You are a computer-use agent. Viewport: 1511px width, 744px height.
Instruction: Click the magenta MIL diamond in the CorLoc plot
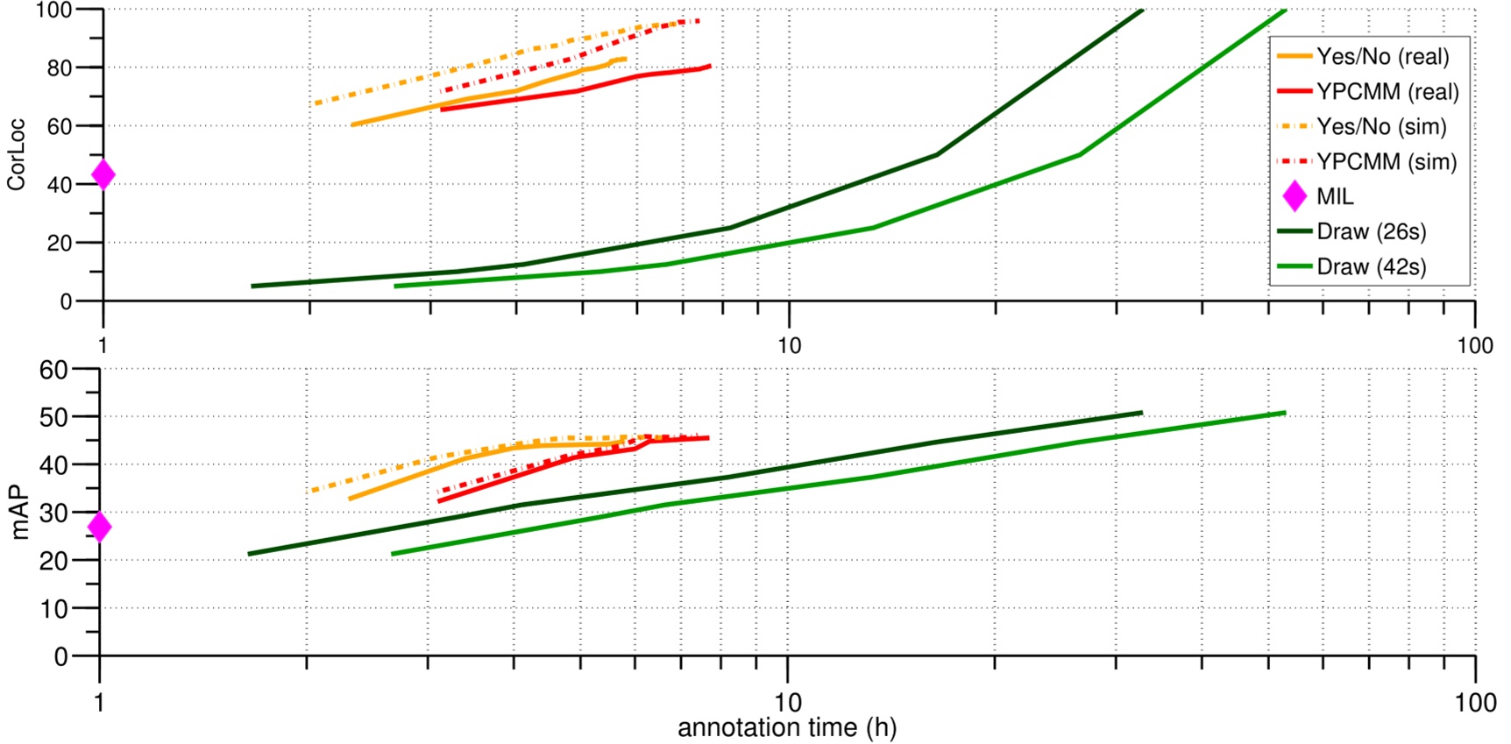103,174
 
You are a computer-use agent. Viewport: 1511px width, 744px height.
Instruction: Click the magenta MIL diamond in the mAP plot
99,527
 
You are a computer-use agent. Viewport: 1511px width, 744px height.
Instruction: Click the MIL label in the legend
1335,197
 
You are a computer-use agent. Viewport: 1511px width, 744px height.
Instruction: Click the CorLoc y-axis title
16,155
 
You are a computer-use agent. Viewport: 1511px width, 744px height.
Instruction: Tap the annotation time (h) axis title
786,728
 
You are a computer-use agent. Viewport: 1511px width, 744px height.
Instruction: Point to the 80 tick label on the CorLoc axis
59,67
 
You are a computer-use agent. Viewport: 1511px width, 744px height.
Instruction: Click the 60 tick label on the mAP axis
54,370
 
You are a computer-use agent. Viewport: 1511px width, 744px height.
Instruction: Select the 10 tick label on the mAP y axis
54,608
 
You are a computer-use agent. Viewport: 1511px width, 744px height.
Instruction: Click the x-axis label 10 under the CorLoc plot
789,344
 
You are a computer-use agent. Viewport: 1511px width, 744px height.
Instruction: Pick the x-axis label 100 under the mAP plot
1475,702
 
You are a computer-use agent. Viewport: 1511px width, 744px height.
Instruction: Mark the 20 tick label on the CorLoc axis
59,243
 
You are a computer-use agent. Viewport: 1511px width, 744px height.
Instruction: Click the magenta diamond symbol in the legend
1294,197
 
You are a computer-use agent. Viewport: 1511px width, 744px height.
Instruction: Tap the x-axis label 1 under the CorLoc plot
103,344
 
